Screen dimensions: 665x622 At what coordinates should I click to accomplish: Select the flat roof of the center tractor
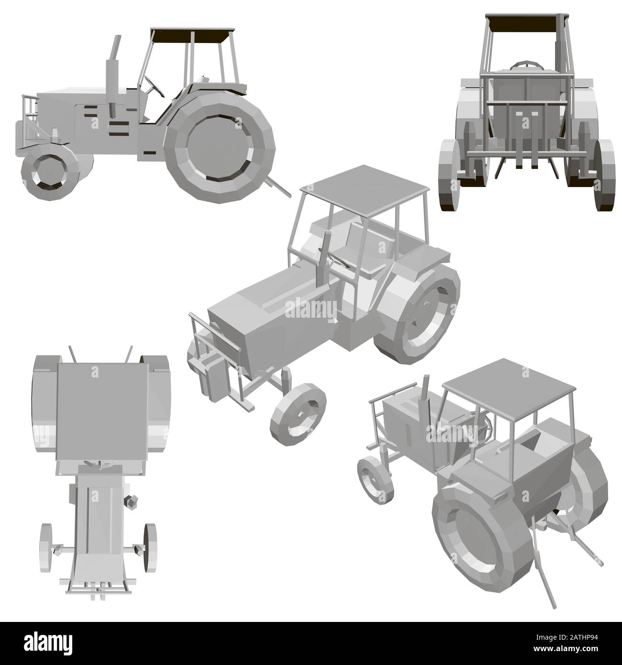point(364,182)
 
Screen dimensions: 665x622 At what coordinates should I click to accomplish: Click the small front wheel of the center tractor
point(297,413)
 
